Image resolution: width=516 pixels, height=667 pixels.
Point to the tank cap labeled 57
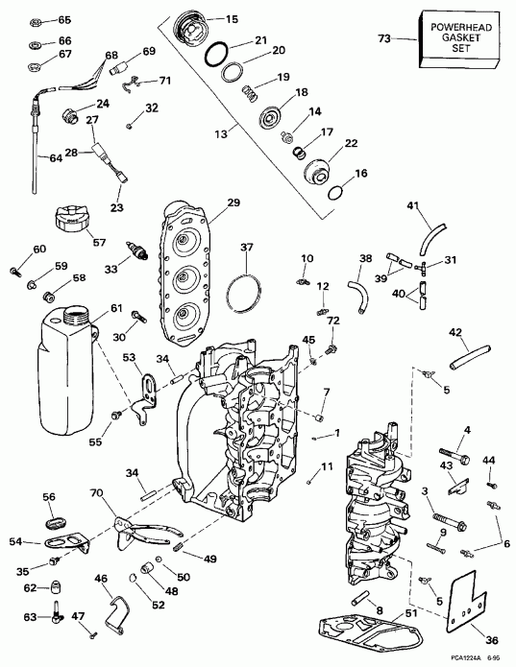pos(73,224)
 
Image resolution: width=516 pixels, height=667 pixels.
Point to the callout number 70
pos(95,494)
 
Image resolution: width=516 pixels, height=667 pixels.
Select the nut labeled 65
pos(36,20)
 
